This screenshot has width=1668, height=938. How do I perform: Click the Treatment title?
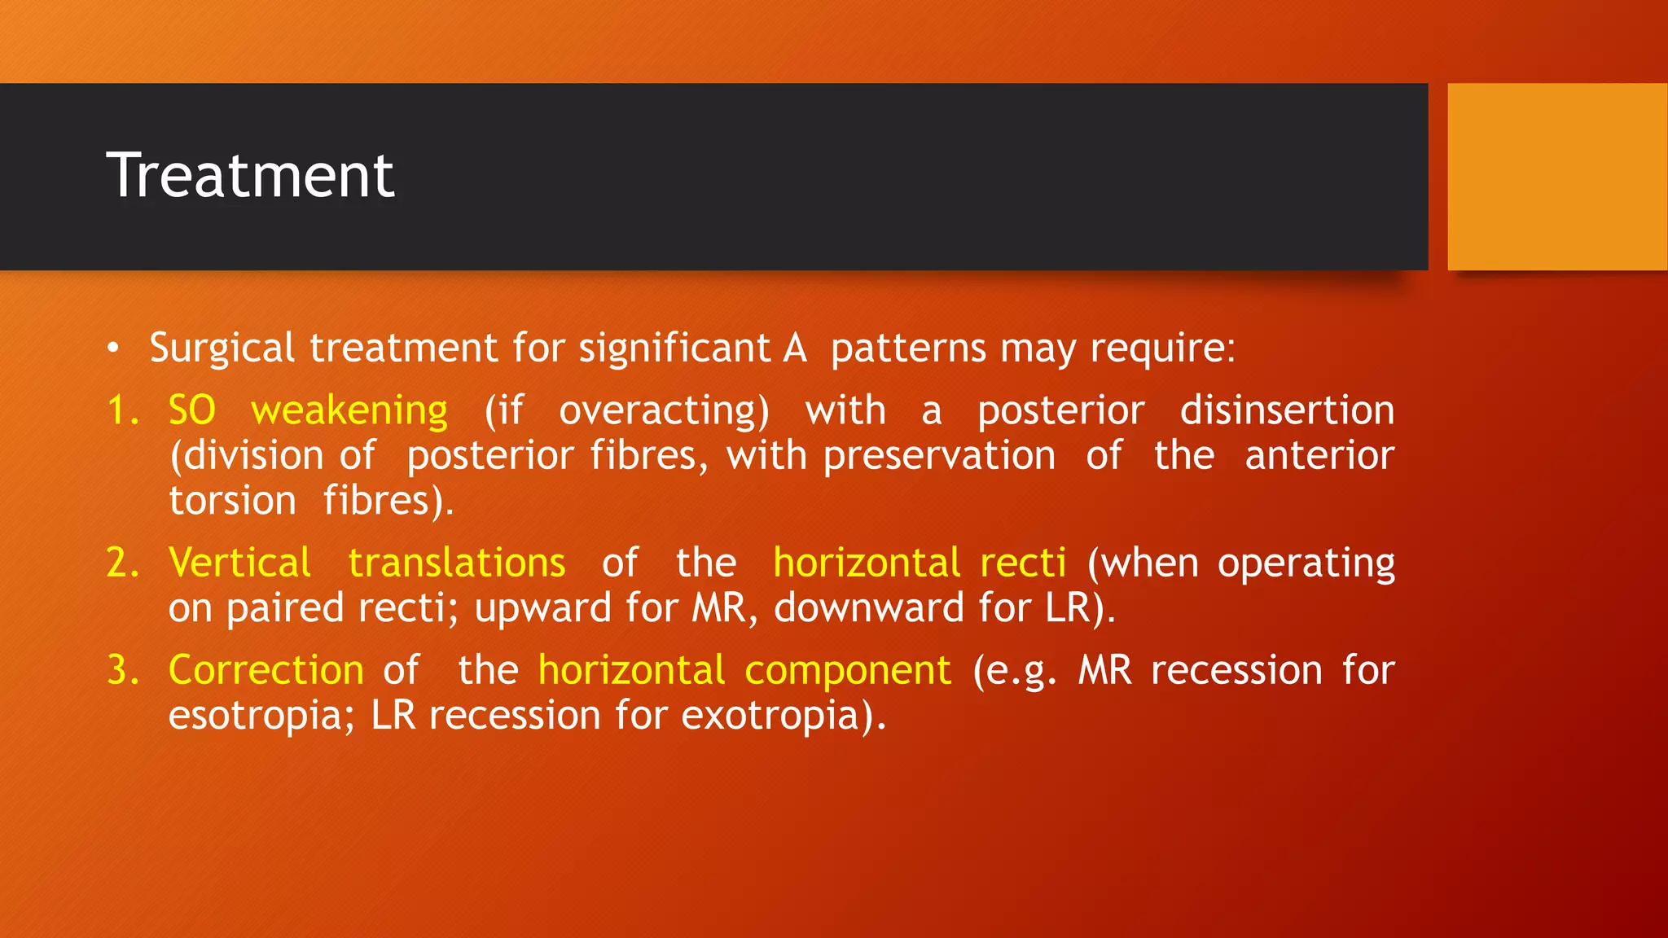[x=250, y=175]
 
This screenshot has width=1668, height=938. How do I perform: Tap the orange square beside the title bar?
[x=1556, y=177]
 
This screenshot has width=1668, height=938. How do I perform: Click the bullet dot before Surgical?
[x=113, y=349]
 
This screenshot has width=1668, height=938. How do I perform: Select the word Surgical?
[x=222, y=348]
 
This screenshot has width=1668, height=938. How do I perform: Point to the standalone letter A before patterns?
[x=795, y=348]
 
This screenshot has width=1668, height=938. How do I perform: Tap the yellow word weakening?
[x=349, y=410]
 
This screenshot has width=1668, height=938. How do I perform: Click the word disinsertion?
[x=1287, y=410]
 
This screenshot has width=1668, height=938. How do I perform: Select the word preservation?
[x=939, y=455]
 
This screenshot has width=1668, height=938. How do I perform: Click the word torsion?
[x=232, y=500]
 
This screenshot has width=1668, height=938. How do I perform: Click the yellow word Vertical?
[x=239, y=563]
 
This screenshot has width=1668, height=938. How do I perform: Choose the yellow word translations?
[x=457, y=563]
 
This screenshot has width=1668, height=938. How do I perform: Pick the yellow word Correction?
[x=266, y=670]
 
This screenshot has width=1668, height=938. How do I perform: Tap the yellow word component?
[x=847, y=670]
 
